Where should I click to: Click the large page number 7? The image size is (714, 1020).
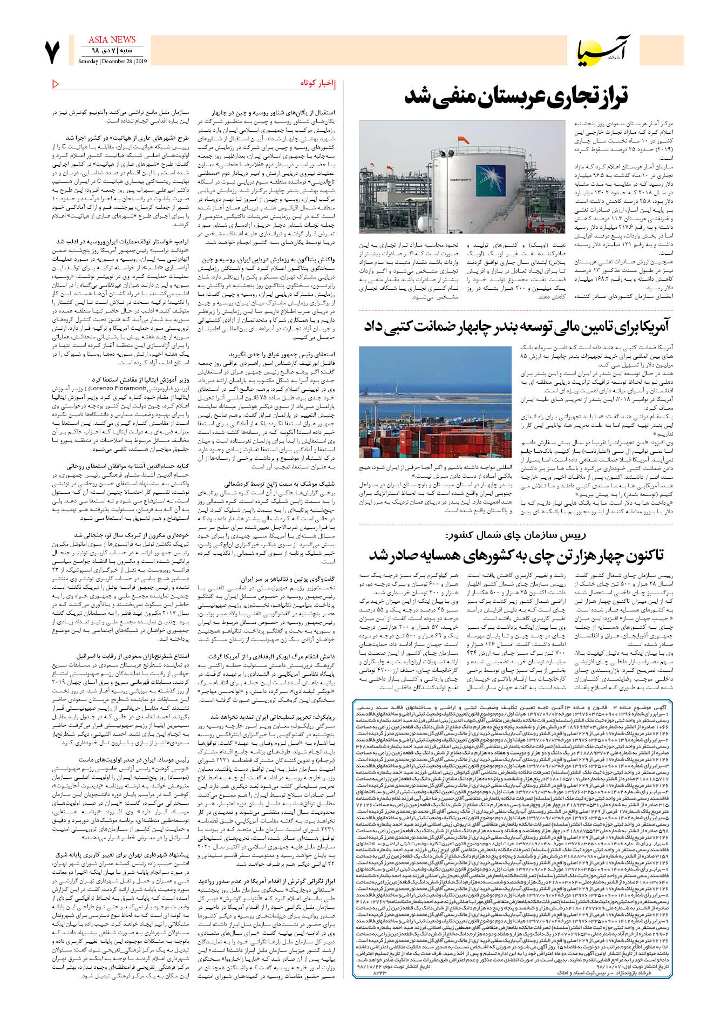coord(52,51)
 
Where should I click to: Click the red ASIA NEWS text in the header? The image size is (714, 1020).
coord(112,39)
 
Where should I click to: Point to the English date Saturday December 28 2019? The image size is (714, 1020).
coord(112,62)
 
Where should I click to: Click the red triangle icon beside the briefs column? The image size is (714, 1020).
coord(55,84)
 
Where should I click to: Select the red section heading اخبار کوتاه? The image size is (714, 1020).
coord(316,83)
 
